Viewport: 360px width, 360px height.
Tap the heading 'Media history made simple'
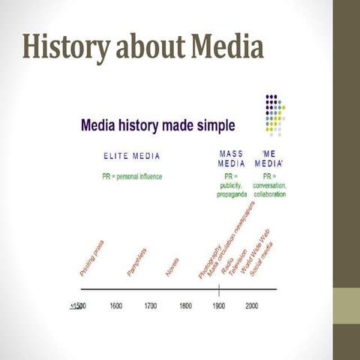[157, 124]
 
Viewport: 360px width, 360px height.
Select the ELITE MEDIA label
[132, 156]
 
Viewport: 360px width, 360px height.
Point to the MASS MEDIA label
[232, 157]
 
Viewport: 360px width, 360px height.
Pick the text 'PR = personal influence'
[132, 176]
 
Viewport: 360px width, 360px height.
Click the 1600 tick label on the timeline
[116, 306]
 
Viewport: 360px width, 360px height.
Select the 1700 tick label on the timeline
[151, 306]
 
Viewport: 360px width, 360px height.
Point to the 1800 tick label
[184, 306]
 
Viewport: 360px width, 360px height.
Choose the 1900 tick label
[219, 306]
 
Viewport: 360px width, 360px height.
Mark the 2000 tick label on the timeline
[251, 306]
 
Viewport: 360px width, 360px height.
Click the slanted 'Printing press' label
[91, 257]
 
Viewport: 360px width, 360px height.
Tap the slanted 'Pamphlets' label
[136, 261]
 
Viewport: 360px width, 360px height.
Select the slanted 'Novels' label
[172, 267]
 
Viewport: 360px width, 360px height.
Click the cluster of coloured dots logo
[274, 114]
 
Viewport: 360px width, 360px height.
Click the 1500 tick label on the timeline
[77, 306]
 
